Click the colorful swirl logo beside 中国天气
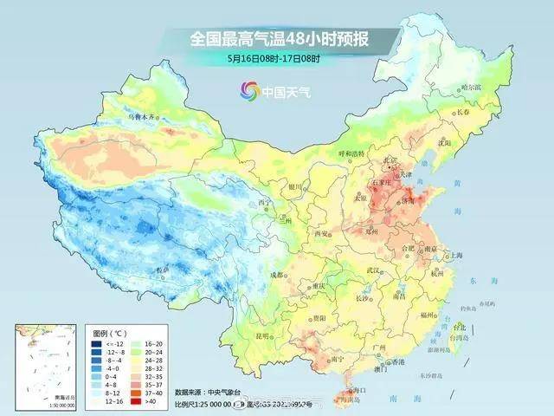(x=250, y=89)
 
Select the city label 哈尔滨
(x=470, y=88)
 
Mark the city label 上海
(x=451, y=256)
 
